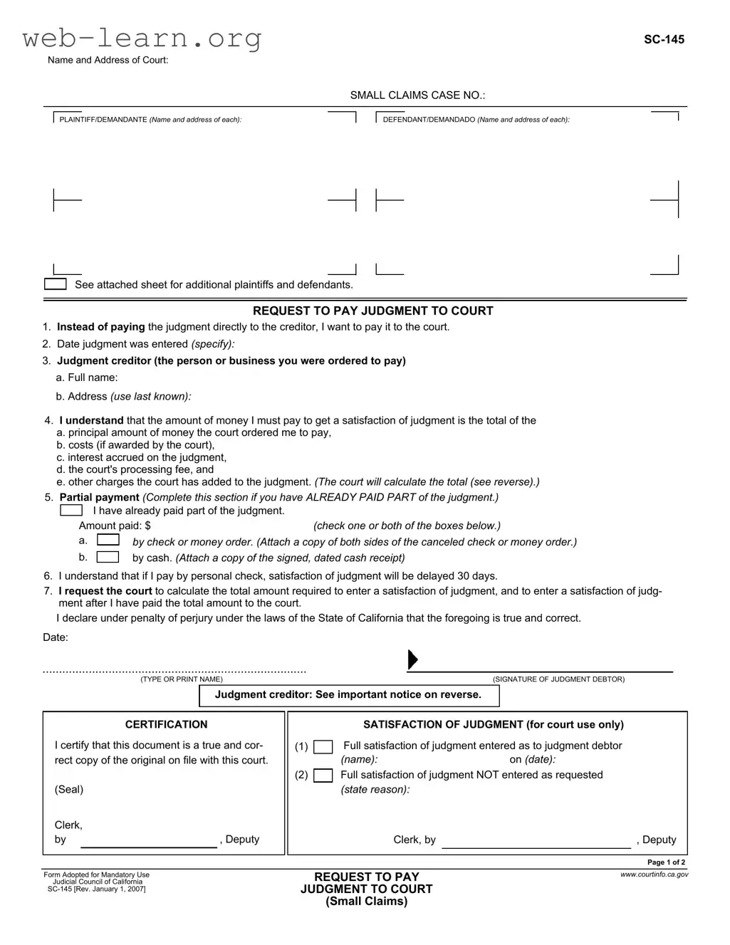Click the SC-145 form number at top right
point(664,40)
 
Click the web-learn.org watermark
point(142,38)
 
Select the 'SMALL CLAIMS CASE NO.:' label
point(417,95)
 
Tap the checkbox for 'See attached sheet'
point(55,284)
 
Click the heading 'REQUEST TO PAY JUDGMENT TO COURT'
point(372,310)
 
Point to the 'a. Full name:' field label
point(87,377)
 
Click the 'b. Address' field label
point(123,396)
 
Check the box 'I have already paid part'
point(71,511)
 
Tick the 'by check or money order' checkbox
point(108,541)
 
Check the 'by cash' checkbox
point(108,557)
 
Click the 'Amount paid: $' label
point(115,526)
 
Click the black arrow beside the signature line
point(412,660)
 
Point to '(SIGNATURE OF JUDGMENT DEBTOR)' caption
point(558,679)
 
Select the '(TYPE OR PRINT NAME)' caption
point(182,679)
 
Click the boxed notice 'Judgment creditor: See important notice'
point(348,695)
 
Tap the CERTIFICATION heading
point(166,724)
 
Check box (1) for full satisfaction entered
point(323,747)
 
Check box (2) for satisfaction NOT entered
point(323,776)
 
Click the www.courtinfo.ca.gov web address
point(655,874)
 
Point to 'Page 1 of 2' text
point(666,862)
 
